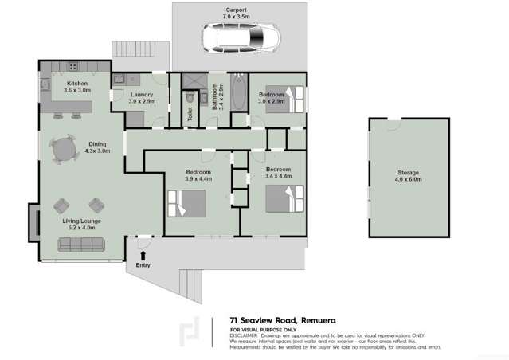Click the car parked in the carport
coord(237,36)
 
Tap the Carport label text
coord(237,10)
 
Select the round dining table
coord(65,148)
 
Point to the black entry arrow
coord(143,254)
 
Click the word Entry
coord(143,264)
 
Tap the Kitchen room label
coord(78,84)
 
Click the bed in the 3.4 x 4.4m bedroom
coord(284,199)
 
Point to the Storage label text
coord(408,173)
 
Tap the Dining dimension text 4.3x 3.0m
coord(97,151)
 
